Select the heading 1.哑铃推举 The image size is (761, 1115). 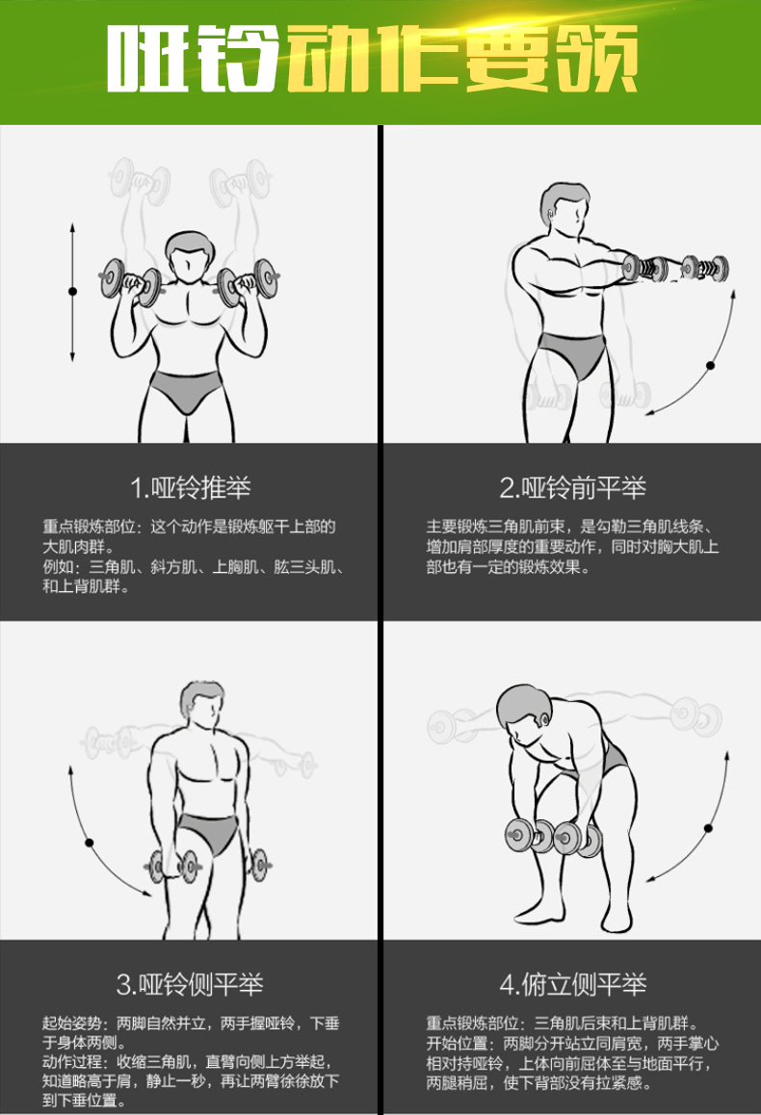(x=191, y=488)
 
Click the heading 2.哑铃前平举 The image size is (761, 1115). (x=572, y=488)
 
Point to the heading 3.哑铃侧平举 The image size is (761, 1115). (x=190, y=984)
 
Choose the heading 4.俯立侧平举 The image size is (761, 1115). (x=572, y=984)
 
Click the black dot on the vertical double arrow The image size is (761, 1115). (x=72, y=292)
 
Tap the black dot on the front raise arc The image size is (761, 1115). (x=710, y=366)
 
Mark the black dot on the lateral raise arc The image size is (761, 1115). (x=89, y=843)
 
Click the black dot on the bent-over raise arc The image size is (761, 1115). (x=708, y=828)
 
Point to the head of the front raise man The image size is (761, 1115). (x=564, y=210)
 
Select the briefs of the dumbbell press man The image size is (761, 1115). (x=186, y=390)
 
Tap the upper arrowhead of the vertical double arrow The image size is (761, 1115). (x=72, y=227)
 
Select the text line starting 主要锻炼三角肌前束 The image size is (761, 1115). (x=569, y=527)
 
